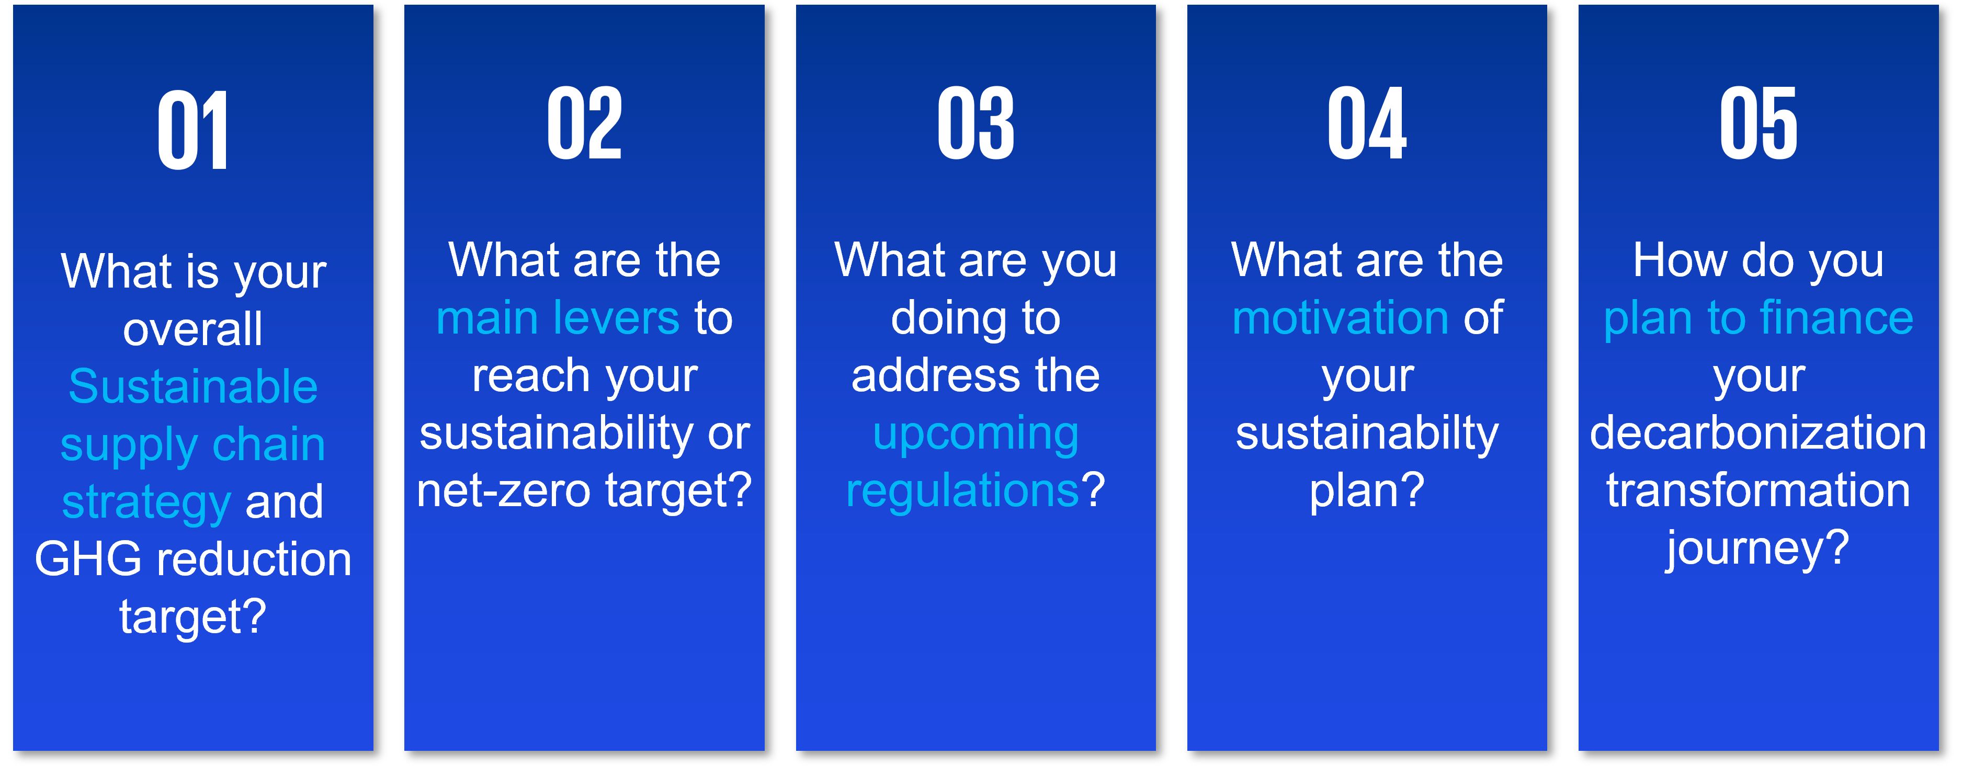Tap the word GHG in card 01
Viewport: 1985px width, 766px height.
88,559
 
